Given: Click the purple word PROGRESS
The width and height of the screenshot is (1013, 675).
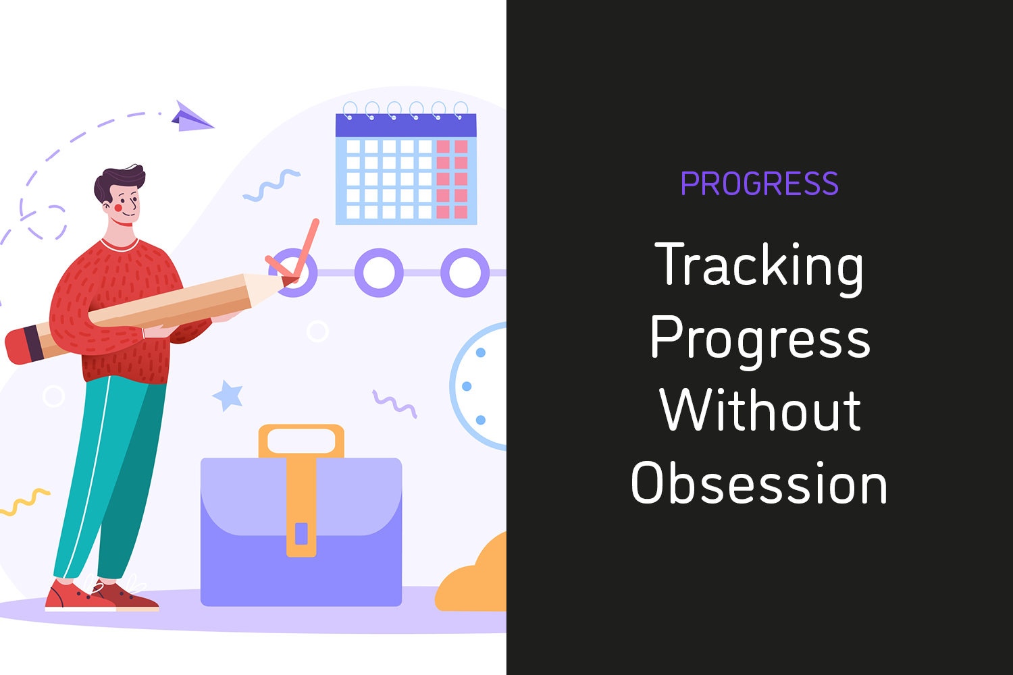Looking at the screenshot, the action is point(759,184).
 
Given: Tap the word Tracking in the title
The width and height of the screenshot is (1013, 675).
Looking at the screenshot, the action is point(759,268).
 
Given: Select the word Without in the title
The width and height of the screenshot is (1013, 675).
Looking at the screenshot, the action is point(760,410).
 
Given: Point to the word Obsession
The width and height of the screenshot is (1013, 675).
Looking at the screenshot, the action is point(759,482).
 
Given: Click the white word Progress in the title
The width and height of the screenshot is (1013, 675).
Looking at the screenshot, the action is point(760,342).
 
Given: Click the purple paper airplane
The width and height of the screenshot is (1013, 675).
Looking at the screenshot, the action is point(192,117).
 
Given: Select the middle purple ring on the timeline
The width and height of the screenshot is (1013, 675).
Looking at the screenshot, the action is point(379,273).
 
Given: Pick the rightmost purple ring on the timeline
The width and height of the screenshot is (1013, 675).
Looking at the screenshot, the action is point(465,273).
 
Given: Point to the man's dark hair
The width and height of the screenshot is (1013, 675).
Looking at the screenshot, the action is point(118,182).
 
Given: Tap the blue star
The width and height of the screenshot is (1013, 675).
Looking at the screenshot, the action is point(228,396).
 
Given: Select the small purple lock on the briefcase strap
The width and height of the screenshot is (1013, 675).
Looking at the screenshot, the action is point(301,533).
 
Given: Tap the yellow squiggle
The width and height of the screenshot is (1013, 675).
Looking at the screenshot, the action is point(25,502).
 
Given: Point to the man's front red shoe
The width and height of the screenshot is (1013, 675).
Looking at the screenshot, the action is point(79,596).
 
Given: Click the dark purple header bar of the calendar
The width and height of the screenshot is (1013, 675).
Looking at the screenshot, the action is point(406,126).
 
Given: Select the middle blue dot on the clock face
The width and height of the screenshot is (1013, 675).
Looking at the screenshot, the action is point(467,386).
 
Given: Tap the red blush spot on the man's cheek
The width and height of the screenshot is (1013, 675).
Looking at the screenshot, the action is point(118,208).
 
